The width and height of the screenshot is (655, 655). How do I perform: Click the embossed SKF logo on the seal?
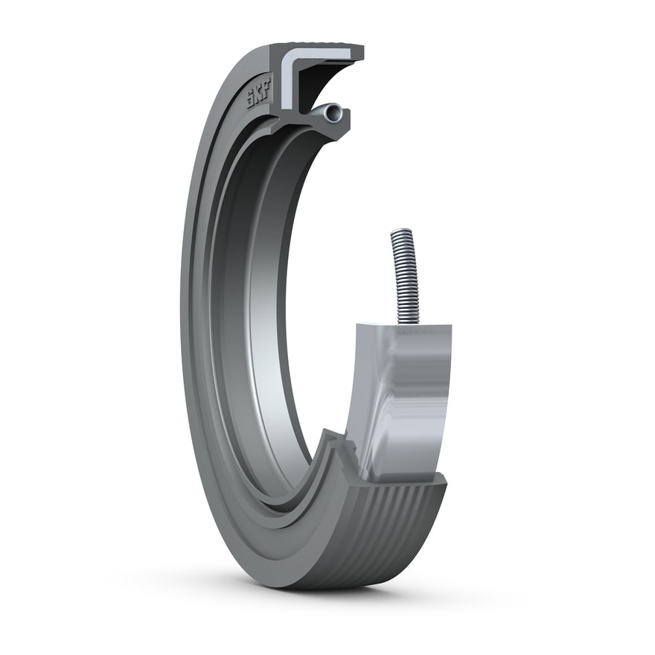click(258, 94)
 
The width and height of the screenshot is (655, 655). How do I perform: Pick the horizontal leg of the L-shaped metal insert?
click(322, 54)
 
